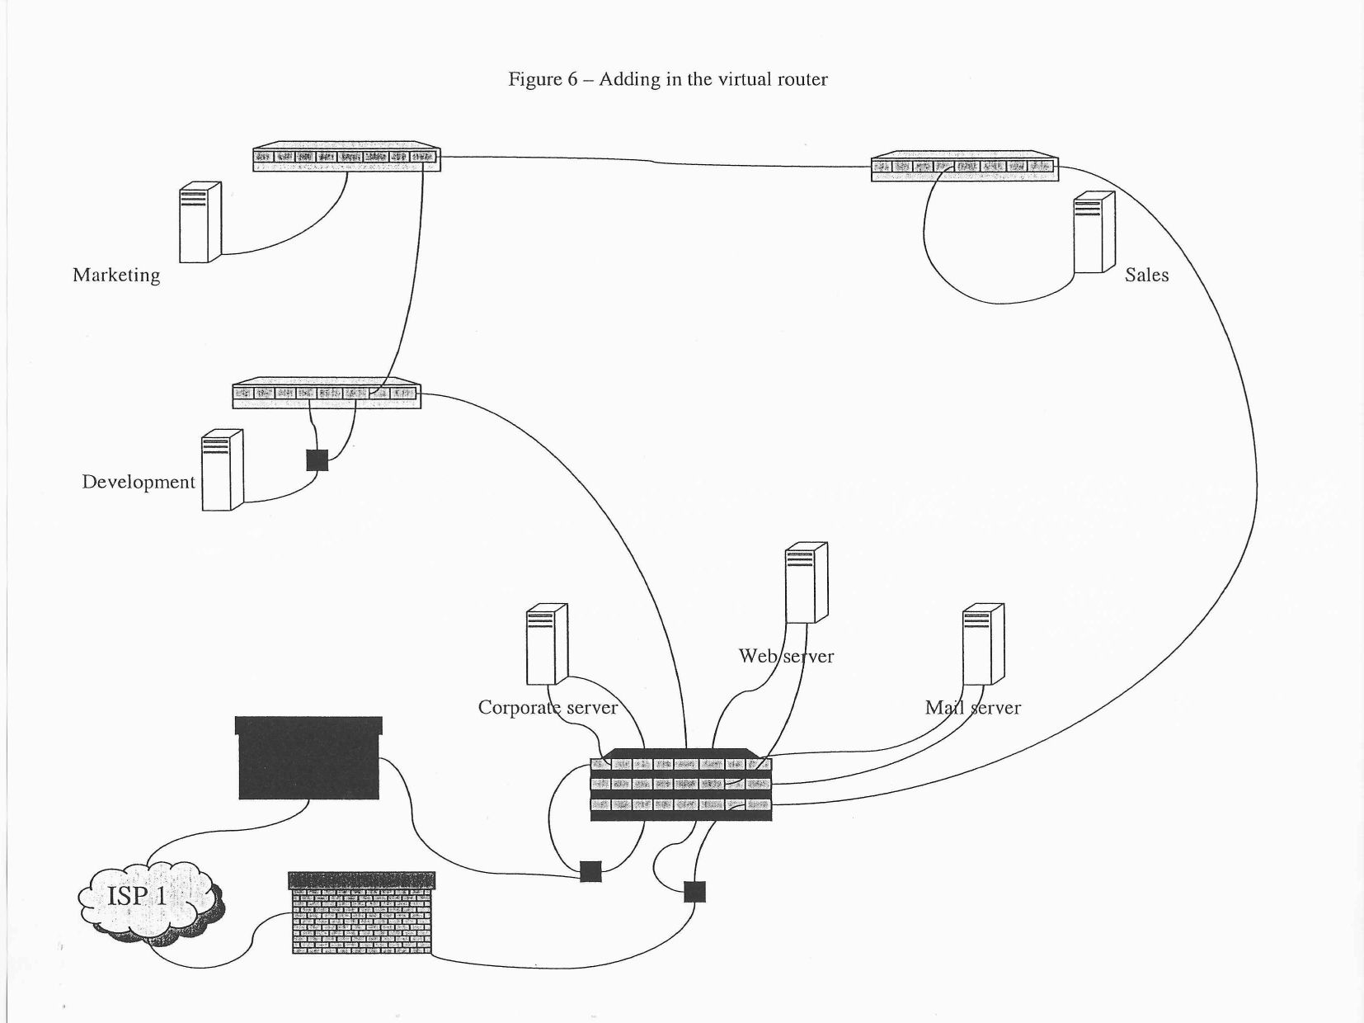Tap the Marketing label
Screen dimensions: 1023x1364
point(116,276)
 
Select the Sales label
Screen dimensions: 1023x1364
point(1146,276)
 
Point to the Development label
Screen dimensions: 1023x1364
point(139,483)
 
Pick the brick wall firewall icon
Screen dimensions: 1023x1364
point(361,914)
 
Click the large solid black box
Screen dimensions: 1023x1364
point(309,758)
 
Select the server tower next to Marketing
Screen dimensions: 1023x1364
point(200,222)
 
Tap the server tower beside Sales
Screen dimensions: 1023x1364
point(1094,233)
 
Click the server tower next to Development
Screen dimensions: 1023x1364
point(222,469)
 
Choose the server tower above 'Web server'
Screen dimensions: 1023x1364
point(806,582)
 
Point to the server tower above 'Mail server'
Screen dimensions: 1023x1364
point(983,644)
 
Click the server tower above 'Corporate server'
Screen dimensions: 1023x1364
point(547,644)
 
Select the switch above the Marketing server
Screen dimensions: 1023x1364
point(346,157)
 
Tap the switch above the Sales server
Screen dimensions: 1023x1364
point(964,166)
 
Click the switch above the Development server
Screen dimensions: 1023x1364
point(327,394)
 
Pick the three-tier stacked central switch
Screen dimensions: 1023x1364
point(681,785)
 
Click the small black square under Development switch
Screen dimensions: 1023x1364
point(317,460)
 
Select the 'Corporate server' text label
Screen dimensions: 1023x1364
point(548,708)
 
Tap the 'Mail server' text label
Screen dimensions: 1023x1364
point(972,708)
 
